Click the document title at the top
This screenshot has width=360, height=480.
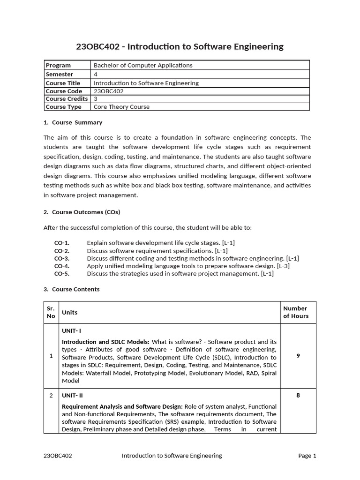pos(180,46)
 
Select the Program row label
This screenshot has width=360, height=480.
pos(58,65)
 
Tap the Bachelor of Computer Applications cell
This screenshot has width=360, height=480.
pos(143,65)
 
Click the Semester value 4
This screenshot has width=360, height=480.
pos(96,74)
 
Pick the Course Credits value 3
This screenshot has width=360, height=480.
pos(96,99)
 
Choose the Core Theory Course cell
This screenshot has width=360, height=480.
pos(121,107)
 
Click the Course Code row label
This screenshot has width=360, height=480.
pos(64,91)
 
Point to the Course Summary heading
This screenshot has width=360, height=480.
pos(73,122)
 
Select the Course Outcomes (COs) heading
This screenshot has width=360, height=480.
pos(82,212)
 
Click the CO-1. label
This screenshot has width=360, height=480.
pos(62,243)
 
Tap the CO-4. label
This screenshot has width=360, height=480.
pos(62,266)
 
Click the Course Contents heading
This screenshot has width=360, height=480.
pos(72,289)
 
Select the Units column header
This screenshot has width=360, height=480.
pos(70,312)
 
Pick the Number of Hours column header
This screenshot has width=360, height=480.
pos(295,312)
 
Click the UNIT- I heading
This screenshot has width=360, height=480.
pos(72,331)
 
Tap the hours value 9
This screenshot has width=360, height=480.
pos(298,356)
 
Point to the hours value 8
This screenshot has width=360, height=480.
pos(298,395)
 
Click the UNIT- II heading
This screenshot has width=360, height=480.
pos(73,395)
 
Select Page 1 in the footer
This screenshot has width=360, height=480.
pos(307,455)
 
